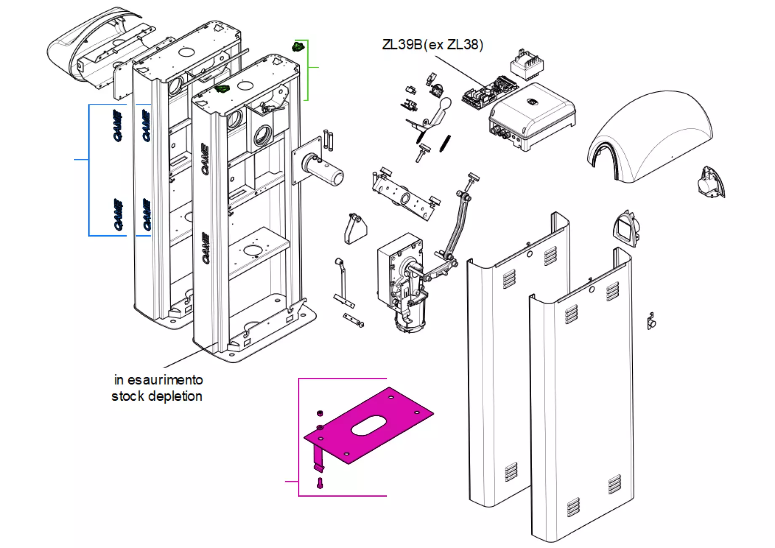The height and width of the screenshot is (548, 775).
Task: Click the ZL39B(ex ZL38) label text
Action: (432, 45)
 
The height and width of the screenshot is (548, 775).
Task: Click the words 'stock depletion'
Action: (157, 396)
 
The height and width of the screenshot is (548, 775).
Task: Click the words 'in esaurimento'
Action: (158, 380)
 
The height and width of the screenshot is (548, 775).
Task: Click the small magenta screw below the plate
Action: (320, 483)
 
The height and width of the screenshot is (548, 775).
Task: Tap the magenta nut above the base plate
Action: (320, 413)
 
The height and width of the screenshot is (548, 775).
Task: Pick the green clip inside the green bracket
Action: (298, 46)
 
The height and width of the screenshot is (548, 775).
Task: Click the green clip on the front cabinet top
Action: (222, 89)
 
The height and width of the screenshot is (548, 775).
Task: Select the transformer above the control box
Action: (527, 64)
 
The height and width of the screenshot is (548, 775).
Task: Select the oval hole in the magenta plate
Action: (369, 426)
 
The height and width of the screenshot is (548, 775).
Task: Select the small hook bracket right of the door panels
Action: (651, 322)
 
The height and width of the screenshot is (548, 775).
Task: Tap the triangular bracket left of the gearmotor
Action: (355, 229)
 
